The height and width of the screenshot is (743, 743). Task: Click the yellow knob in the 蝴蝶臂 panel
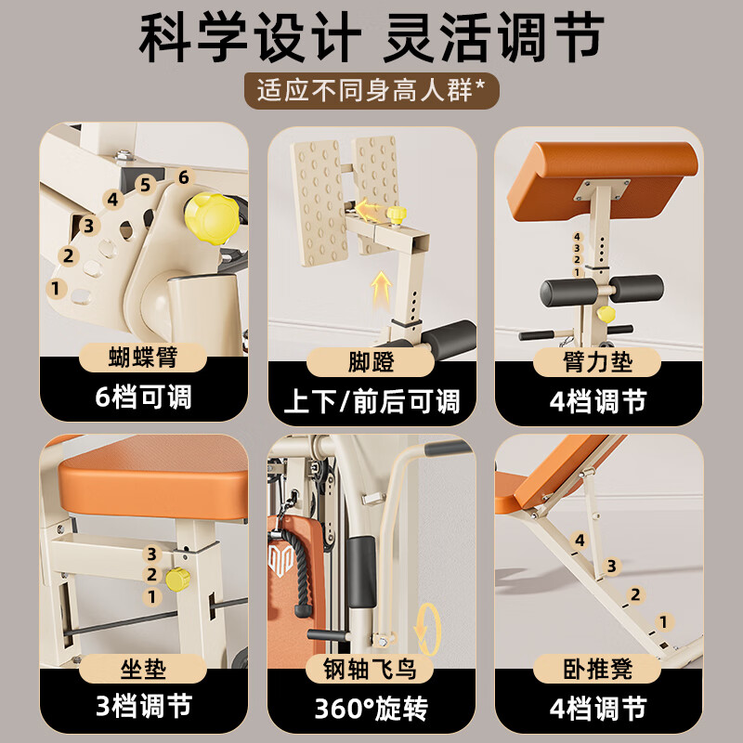(x=212, y=218)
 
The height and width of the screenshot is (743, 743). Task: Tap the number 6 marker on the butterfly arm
(x=183, y=177)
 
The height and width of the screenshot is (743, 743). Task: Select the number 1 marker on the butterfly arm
(x=56, y=288)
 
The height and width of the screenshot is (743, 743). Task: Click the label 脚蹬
(x=371, y=362)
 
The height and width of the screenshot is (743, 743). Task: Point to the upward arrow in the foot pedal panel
(x=381, y=289)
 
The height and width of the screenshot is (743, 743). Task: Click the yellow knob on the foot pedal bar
(x=397, y=215)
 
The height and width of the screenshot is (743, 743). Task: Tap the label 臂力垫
(x=597, y=362)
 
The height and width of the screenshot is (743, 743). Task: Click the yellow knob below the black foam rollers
(x=606, y=314)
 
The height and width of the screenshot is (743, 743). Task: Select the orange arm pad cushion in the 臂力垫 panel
(x=602, y=180)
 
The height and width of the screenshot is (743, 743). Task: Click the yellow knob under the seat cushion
(x=177, y=579)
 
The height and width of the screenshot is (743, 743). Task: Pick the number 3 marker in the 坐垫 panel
(x=151, y=554)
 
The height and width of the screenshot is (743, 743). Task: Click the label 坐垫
(x=143, y=669)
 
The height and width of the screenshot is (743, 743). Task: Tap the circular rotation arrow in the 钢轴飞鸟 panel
(x=428, y=629)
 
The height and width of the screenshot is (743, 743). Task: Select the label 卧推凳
(x=597, y=669)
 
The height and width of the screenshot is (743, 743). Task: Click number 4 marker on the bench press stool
(x=580, y=541)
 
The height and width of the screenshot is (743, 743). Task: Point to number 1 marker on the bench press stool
(x=664, y=621)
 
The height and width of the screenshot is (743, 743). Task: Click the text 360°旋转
(x=371, y=708)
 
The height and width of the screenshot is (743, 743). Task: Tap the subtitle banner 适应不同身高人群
(x=371, y=90)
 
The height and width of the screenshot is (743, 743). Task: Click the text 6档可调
(x=143, y=397)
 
